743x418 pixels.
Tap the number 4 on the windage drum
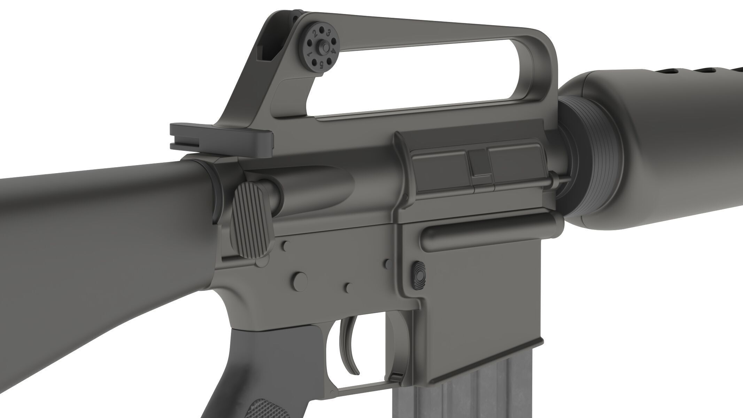coord(333,51)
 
